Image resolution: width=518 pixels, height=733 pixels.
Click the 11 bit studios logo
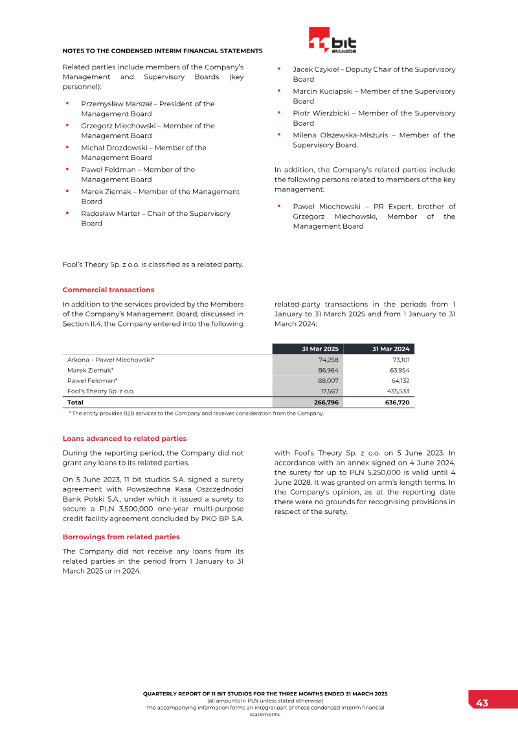click(x=332, y=40)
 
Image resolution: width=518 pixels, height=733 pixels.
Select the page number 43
click(x=482, y=703)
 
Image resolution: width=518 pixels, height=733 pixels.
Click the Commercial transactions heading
click(x=108, y=290)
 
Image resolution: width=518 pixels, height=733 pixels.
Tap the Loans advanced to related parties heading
click(x=124, y=439)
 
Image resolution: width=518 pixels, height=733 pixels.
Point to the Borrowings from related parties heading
click(x=121, y=537)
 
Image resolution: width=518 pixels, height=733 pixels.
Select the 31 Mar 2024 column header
click(x=390, y=349)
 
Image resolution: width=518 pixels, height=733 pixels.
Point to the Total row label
click(x=75, y=402)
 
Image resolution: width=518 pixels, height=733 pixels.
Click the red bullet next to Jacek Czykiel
click(x=278, y=68)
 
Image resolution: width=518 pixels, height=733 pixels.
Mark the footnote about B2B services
click(x=196, y=413)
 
